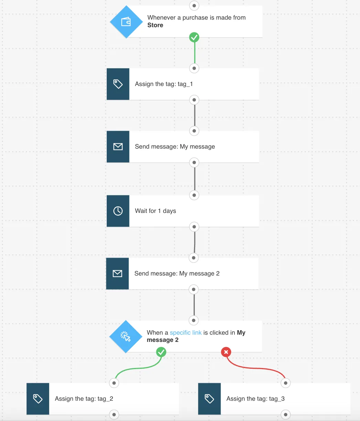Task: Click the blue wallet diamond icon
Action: point(126,22)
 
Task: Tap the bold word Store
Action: point(155,25)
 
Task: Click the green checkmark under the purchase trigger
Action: point(194,37)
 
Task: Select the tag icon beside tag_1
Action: point(118,84)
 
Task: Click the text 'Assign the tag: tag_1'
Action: point(164,84)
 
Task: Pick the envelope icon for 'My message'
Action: point(118,147)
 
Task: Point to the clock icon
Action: point(118,211)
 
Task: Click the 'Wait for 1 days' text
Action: point(155,211)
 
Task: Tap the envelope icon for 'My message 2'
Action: point(117,273)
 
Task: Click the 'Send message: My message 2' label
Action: point(177,273)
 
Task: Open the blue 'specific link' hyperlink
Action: point(186,333)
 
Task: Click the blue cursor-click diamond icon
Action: point(126,336)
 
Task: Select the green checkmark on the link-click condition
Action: point(161,352)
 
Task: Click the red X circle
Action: point(226,352)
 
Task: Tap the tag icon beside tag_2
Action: point(38,399)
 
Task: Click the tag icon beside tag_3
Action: point(209,399)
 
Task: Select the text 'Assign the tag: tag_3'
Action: point(255,399)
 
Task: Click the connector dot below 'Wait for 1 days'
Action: point(194,227)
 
